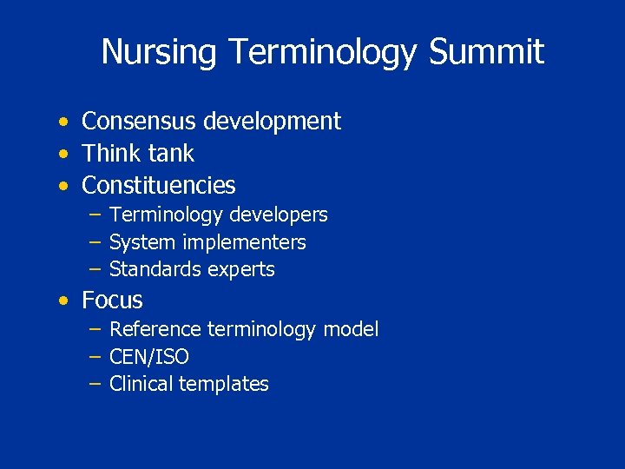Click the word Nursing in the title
[x=159, y=52]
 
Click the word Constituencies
[x=158, y=186]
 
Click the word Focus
[x=112, y=301]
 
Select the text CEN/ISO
[x=149, y=357]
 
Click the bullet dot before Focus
[x=64, y=301]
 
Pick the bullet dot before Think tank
[x=64, y=155]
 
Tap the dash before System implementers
[x=95, y=242]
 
